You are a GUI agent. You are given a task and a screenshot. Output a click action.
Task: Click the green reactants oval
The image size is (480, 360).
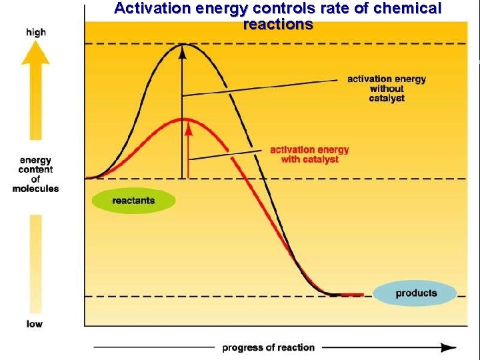pyautogui.click(x=133, y=201)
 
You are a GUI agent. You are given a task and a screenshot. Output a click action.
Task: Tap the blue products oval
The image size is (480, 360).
pyautogui.click(x=415, y=293)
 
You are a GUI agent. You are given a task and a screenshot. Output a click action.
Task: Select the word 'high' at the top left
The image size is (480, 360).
pyautogui.click(x=35, y=32)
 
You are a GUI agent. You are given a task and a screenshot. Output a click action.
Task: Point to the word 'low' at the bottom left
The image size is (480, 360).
pyautogui.click(x=35, y=324)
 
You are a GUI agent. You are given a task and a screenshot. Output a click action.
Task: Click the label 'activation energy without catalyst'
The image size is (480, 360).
pyautogui.click(x=386, y=89)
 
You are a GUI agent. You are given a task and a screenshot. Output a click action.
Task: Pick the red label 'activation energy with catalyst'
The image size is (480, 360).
pyautogui.click(x=309, y=154)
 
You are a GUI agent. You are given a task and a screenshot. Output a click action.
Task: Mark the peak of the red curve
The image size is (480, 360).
pyautogui.click(x=187, y=119)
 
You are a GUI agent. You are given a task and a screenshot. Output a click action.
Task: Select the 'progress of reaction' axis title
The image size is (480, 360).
pyautogui.click(x=268, y=347)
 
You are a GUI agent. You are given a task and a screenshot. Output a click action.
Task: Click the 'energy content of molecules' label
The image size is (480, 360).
pyautogui.click(x=35, y=175)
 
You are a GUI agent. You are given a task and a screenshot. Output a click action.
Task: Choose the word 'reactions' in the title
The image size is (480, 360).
pyautogui.click(x=278, y=25)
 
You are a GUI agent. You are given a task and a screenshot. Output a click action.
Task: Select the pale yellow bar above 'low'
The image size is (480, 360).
pyautogui.click(x=35, y=263)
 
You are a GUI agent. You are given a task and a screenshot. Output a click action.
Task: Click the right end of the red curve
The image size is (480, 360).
pyautogui.click(x=361, y=294)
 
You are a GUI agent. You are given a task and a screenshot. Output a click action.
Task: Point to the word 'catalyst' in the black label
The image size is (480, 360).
pyautogui.click(x=386, y=98)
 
